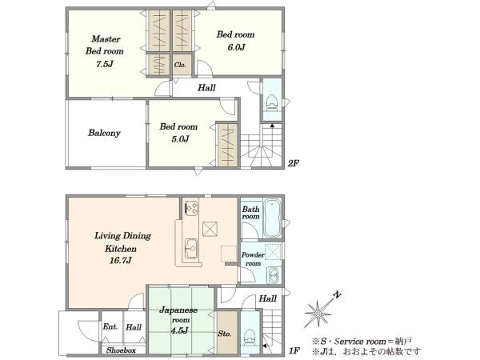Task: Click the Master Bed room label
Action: point(105,45)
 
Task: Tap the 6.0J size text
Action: point(236,47)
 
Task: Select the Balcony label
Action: point(104,133)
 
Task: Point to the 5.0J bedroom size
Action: point(180,139)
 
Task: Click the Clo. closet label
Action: point(180,65)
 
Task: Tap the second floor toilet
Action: point(271,102)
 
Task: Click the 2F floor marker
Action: point(293,163)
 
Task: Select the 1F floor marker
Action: point(294,350)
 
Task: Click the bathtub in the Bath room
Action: point(272,218)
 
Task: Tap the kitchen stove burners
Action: point(191,208)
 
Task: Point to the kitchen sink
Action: point(191,249)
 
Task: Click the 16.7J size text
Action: point(121,261)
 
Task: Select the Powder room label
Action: point(253,259)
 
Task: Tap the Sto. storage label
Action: point(224,334)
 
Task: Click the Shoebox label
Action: point(122,350)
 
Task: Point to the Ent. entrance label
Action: point(110,326)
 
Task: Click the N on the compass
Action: point(337,295)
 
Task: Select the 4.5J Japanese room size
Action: point(179,330)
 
